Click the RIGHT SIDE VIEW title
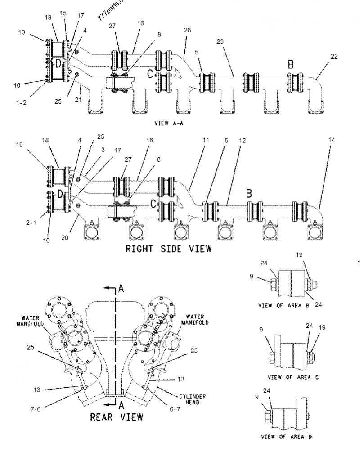pyautogui.click(x=169, y=248)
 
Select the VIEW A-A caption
pyautogui.click(x=170, y=123)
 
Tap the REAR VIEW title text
pyautogui.click(x=117, y=416)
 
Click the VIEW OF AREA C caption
pyautogui.click(x=293, y=377)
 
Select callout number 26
pyautogui.click(x=187, y=30)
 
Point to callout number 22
pyautogui.click(x=333, y=56)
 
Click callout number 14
pyautogui.click(x=332, y=141)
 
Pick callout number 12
pyautogui.click(x=243, y=141)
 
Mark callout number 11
pyautogui.click(x=206, y=141)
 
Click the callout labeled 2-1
pyautogui.click(x=33, y=222)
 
